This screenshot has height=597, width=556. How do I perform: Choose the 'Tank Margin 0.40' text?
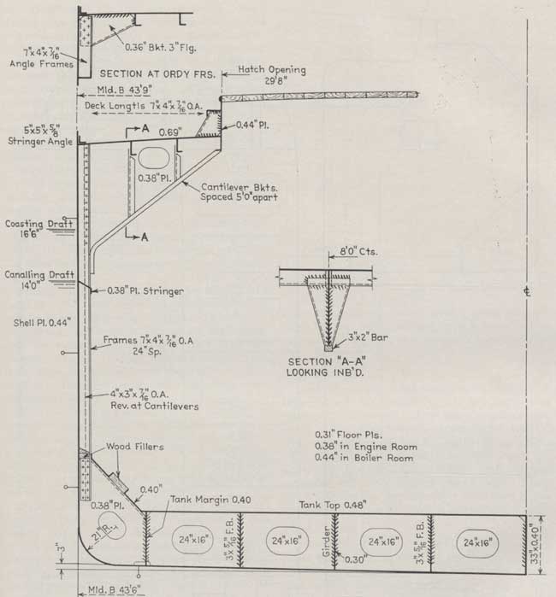(x=210, y=500)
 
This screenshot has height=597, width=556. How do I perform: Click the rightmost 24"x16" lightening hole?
(x=476, y=542)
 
